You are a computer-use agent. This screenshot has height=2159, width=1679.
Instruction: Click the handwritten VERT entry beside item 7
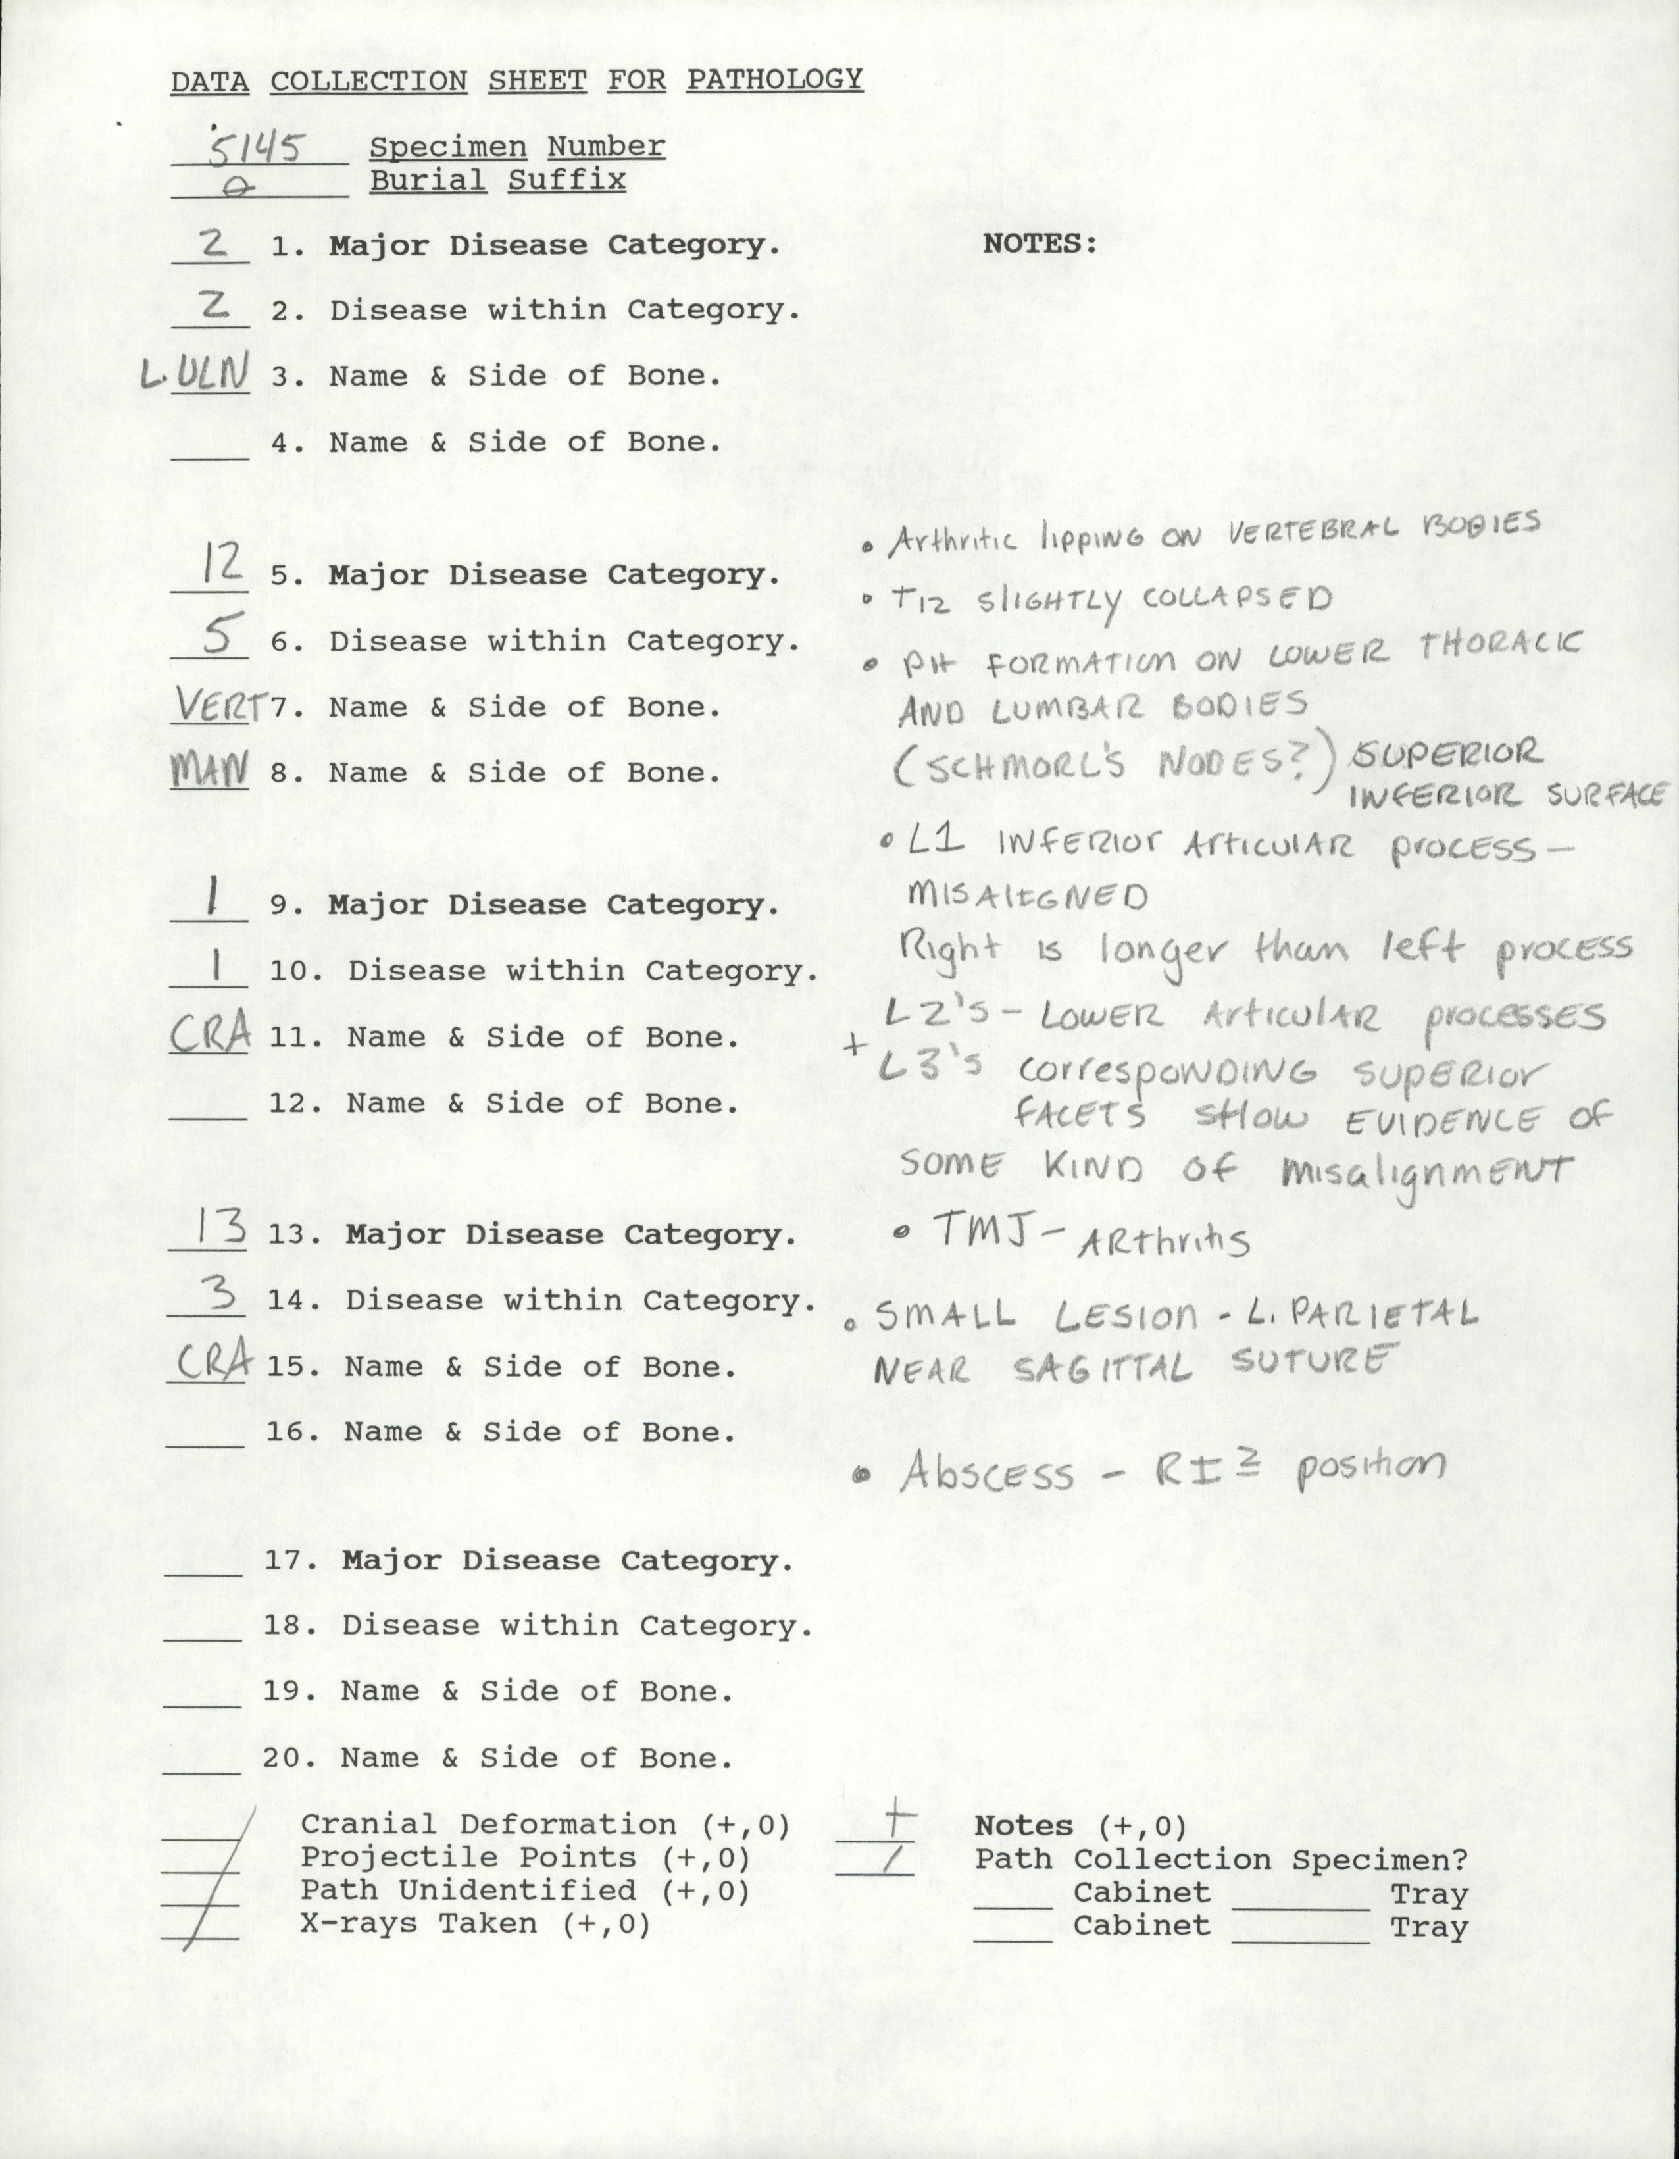click(x=221, y=706)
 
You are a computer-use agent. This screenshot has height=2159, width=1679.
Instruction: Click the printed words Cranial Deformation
click(x=488, y=1825)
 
